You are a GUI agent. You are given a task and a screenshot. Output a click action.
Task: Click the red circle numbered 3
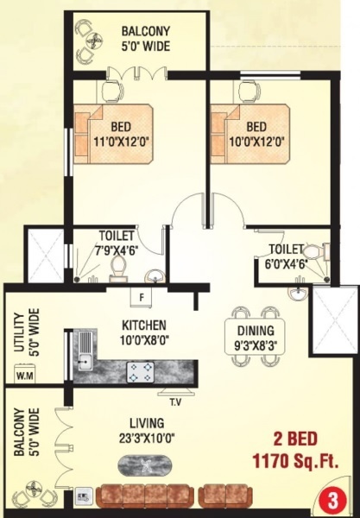[332, 499]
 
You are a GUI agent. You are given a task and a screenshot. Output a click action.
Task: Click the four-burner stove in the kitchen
[141, 370]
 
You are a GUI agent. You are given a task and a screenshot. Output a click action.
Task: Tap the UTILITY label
[18, 332]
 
